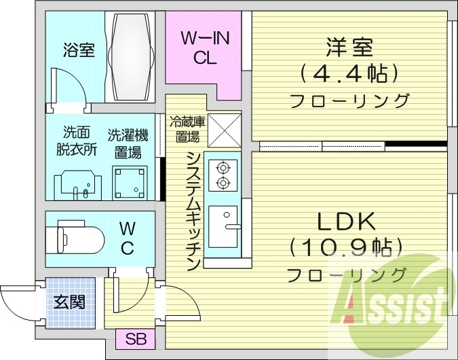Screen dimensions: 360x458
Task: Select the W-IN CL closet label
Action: tap(205, 48)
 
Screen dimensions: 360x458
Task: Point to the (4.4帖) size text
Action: tap(350, 73)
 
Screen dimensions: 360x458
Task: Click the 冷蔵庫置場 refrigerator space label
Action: tap(187, 130)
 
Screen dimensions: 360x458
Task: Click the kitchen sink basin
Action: tap(223, 225)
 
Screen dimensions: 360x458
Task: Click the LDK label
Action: tap(347, 222)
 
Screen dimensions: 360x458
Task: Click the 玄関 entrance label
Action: tap(69, 301)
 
